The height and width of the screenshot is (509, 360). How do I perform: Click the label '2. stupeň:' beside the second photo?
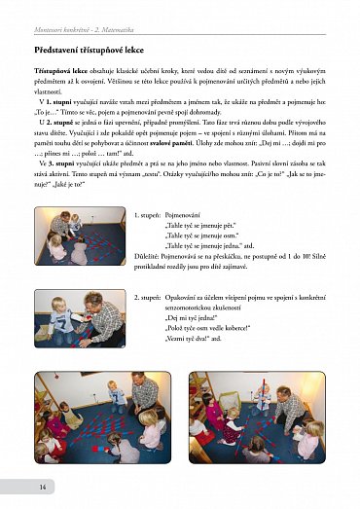150,296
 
